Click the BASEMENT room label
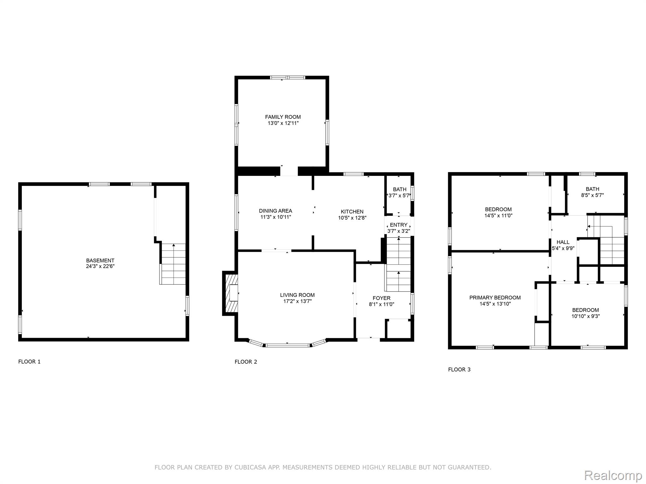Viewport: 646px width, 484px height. coord(100,261)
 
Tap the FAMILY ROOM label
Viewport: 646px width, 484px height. coord(283,117)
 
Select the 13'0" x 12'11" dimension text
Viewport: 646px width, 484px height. coord(283,123)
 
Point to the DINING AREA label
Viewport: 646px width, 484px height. coord(276,211)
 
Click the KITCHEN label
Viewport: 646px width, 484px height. coord(352,212)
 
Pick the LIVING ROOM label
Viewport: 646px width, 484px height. coord(297,295)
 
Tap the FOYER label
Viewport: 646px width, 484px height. coord(382,298)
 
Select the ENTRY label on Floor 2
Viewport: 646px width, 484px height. coord(399,225)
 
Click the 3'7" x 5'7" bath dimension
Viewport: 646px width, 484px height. coord(399,195)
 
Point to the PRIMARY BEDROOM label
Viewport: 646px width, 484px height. coord(495,298)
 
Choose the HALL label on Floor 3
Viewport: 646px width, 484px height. coord(563,242)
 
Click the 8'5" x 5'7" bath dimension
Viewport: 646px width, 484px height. coord(593,195)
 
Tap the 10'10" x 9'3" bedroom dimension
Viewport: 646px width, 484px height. coord(586,316)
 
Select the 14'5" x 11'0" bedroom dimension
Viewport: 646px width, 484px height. coord(498,216)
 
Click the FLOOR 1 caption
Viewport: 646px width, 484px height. coord(29,362)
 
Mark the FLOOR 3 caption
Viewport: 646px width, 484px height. coord(459,370)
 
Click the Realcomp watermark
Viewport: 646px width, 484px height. coord(613,475)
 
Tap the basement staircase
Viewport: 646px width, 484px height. coord(173,264)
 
